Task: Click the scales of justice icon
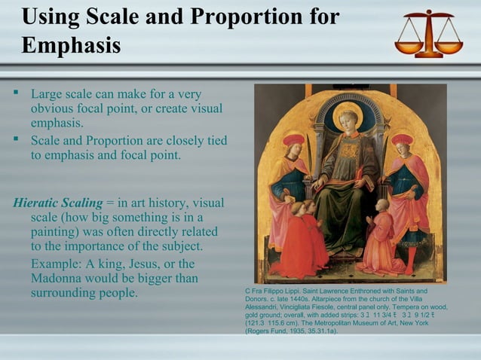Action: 428,34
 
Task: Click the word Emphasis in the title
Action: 72,46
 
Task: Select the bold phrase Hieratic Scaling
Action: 58,203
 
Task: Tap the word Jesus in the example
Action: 124,264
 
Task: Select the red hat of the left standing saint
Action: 293,141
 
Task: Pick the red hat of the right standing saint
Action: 403,139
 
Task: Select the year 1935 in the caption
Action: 289,331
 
